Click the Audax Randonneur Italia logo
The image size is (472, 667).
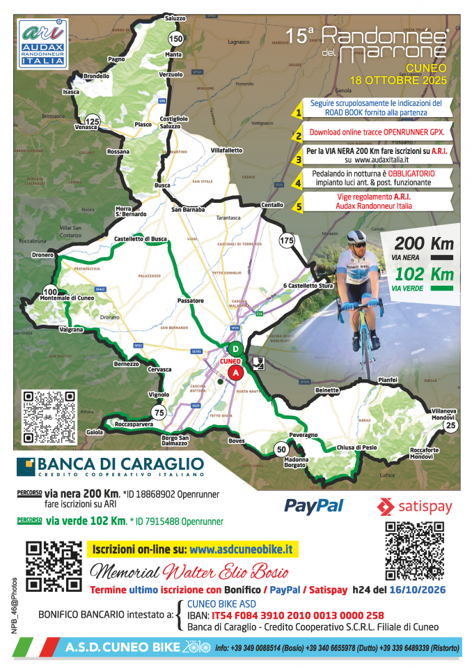click(42, 44)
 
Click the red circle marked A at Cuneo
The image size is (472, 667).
click(236, 373)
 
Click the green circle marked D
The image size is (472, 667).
click(235, 349)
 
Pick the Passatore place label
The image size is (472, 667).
click(190, 301)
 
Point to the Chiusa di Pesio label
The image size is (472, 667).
click(357, 447)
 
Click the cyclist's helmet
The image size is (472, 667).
click(357, 238)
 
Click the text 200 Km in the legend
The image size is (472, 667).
click(424, 244)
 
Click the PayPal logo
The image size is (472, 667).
click(314, 505)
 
